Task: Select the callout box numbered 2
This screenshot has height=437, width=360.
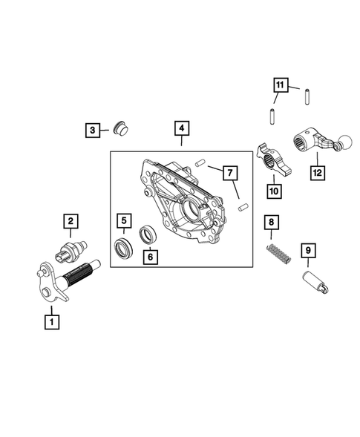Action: coord(71,220)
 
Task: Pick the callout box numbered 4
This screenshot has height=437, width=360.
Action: coord(180,128)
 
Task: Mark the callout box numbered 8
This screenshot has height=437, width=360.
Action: coord(272,222)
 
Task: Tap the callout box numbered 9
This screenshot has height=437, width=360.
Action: coord(307,252)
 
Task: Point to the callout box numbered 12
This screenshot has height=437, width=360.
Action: coord(318,173)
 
